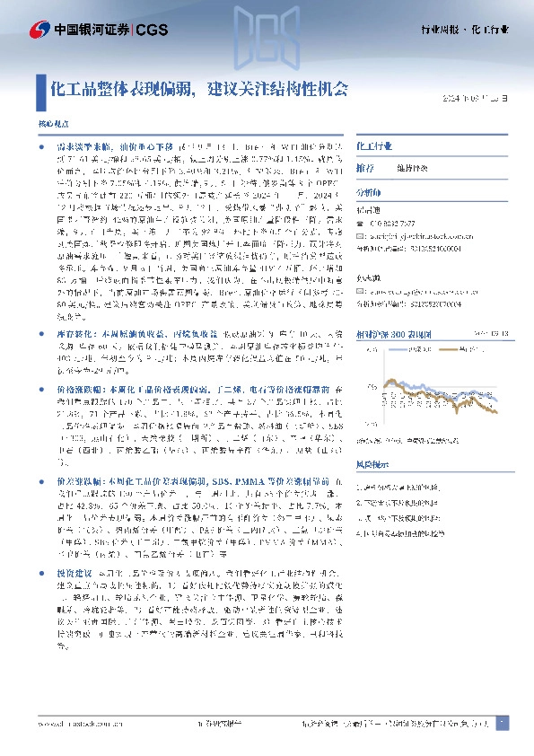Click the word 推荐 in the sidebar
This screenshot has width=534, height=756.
pos(365,168)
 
